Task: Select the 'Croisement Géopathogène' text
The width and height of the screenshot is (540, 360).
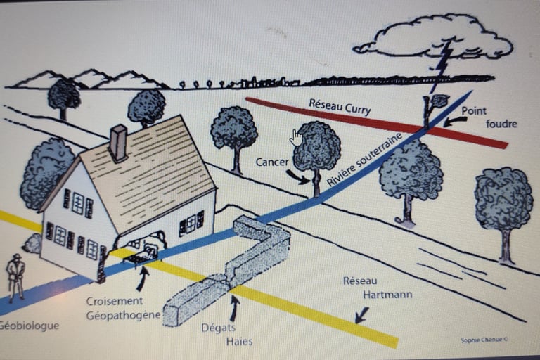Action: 123,308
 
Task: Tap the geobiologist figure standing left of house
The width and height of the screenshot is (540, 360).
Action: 15,276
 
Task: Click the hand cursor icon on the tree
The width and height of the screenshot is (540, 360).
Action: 296,137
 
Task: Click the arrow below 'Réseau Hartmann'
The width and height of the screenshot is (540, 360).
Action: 362,314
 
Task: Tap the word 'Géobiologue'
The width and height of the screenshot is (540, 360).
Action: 29,326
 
